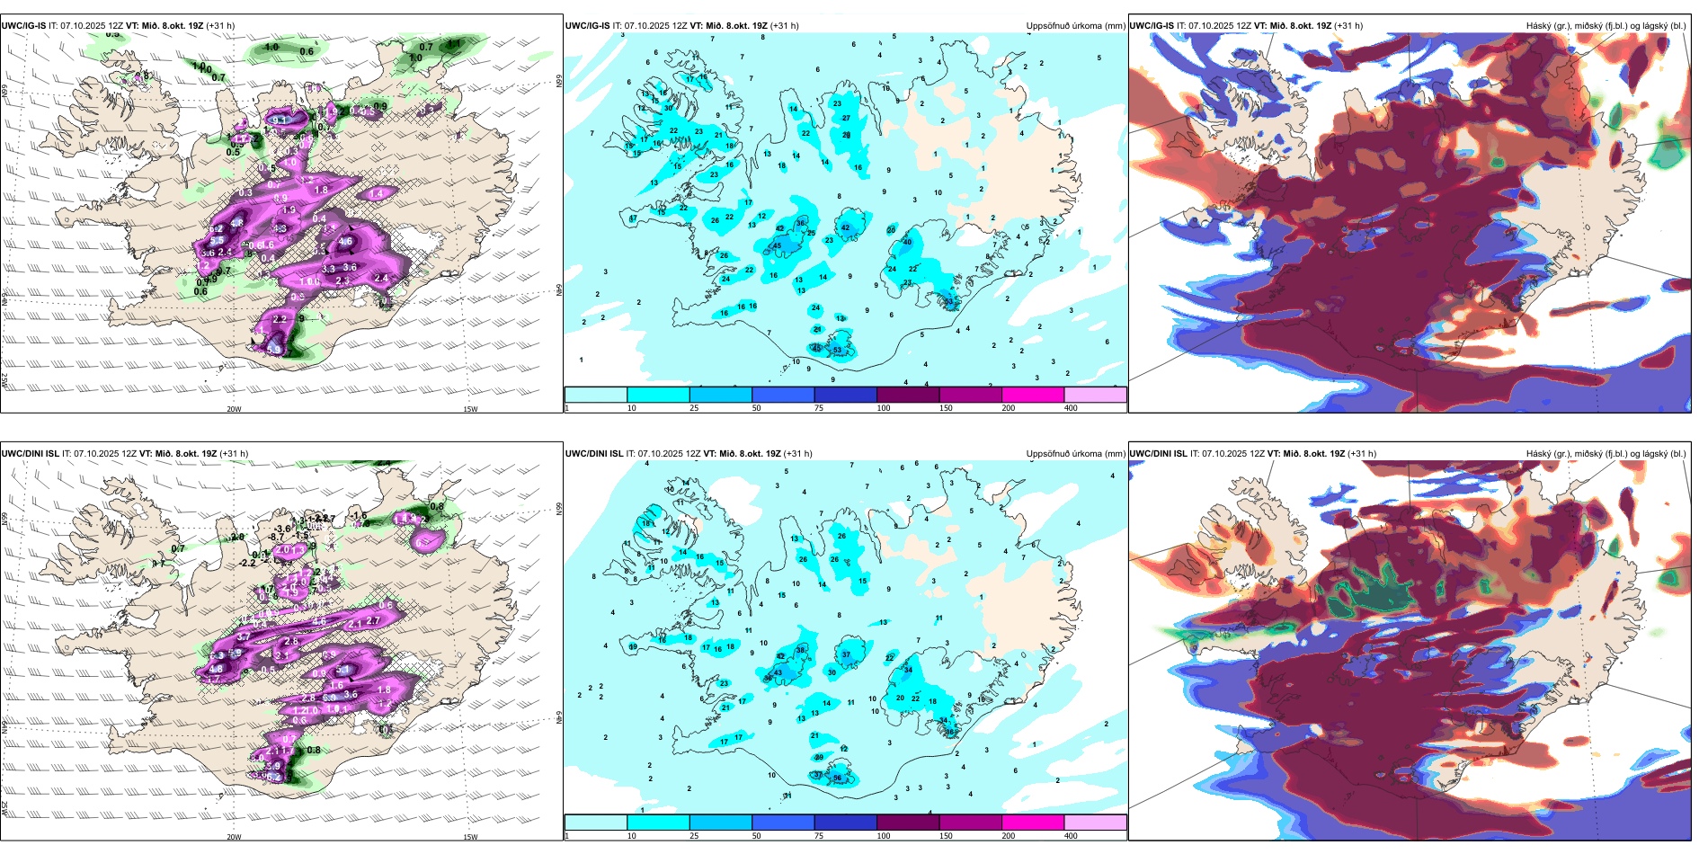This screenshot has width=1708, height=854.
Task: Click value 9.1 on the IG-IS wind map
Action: (x=281, y=120)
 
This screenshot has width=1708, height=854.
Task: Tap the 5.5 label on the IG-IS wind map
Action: (x=218, y=241)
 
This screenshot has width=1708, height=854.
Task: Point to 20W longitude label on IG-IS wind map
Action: (x=234, y=409)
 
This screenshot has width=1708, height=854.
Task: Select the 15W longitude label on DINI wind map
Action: (x=470, y=837)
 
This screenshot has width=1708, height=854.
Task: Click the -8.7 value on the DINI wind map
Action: (x=277, y=537)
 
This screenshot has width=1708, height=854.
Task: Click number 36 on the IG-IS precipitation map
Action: (x=801, y=223)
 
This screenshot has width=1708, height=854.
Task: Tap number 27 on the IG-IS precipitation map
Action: (x=846, y=118)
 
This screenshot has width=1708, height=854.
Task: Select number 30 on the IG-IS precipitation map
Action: (x=668, y=108)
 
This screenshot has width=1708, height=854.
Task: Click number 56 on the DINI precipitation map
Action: (x=837, y=778)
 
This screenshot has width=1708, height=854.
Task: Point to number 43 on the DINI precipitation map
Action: (x=778, y=672)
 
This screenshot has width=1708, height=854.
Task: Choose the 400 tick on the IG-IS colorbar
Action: (x=1071, y=408)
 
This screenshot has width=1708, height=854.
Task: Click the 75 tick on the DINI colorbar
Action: (x=819, y=836)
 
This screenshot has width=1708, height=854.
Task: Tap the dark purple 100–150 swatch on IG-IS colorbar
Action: (x=908, y=395)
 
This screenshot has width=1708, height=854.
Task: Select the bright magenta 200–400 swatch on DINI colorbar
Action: (x=1033, y=823)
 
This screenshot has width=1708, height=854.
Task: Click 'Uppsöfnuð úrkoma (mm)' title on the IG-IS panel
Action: (x=1075, y=26)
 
